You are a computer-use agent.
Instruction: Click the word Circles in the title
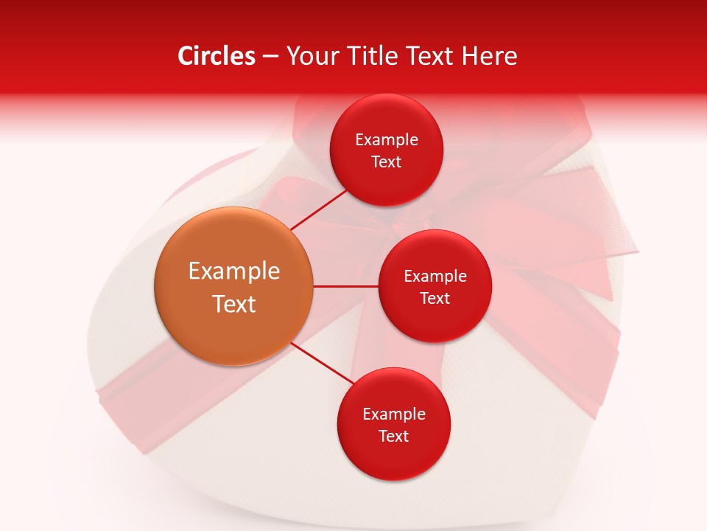coord(216,56)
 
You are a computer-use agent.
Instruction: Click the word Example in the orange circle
coord(234,271)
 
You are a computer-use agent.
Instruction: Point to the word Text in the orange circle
coord(234,304)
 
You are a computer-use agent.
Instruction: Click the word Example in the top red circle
coord(387,140)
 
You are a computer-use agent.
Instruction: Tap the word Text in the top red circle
coord(387,162)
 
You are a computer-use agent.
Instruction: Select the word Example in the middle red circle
coord(435,277)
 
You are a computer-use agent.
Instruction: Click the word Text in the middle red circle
coord(435,298)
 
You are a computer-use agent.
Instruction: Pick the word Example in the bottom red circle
coord(394,414)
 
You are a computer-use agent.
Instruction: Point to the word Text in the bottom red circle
coord(394,436)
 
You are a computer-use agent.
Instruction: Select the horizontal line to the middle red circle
coord(346,286)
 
